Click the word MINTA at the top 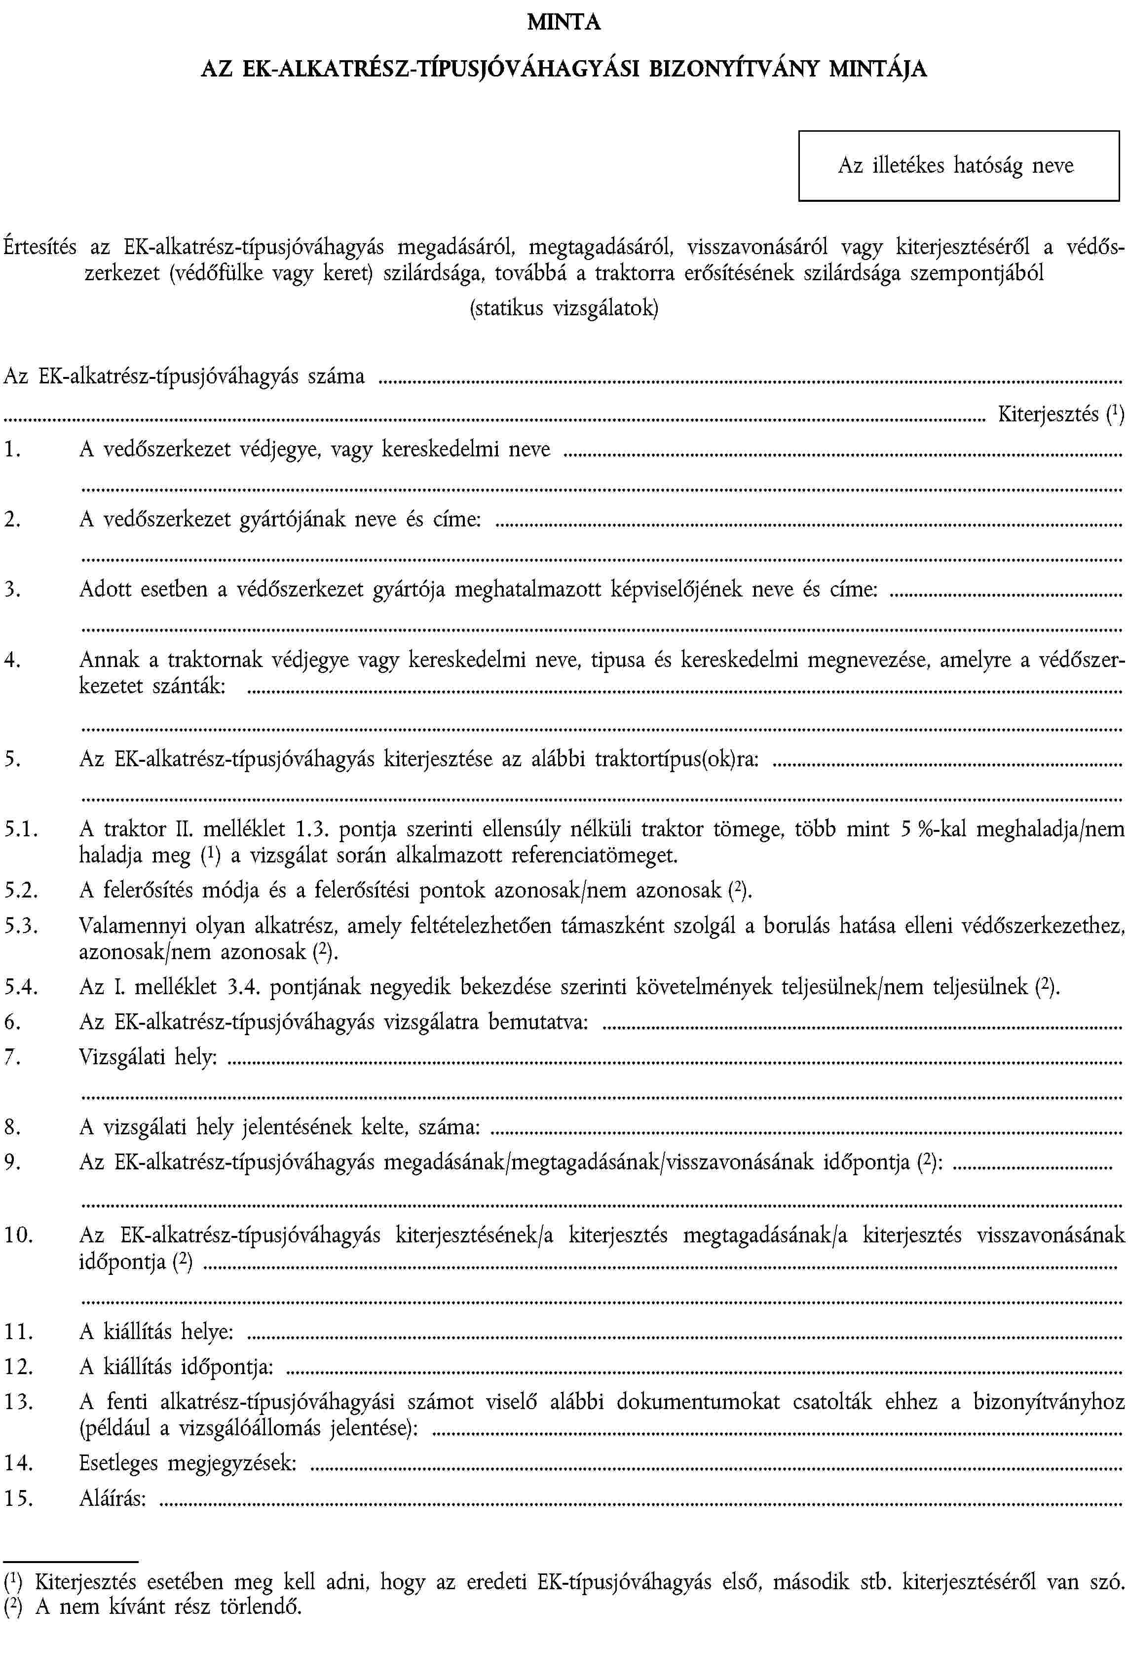click(x=564, y=23)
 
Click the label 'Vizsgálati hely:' click(x=148, y=1057)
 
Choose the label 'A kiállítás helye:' click(x=156, y=1332)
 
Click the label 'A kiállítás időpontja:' click(x=176, y=1366)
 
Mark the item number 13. click(x=17, y=1402)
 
